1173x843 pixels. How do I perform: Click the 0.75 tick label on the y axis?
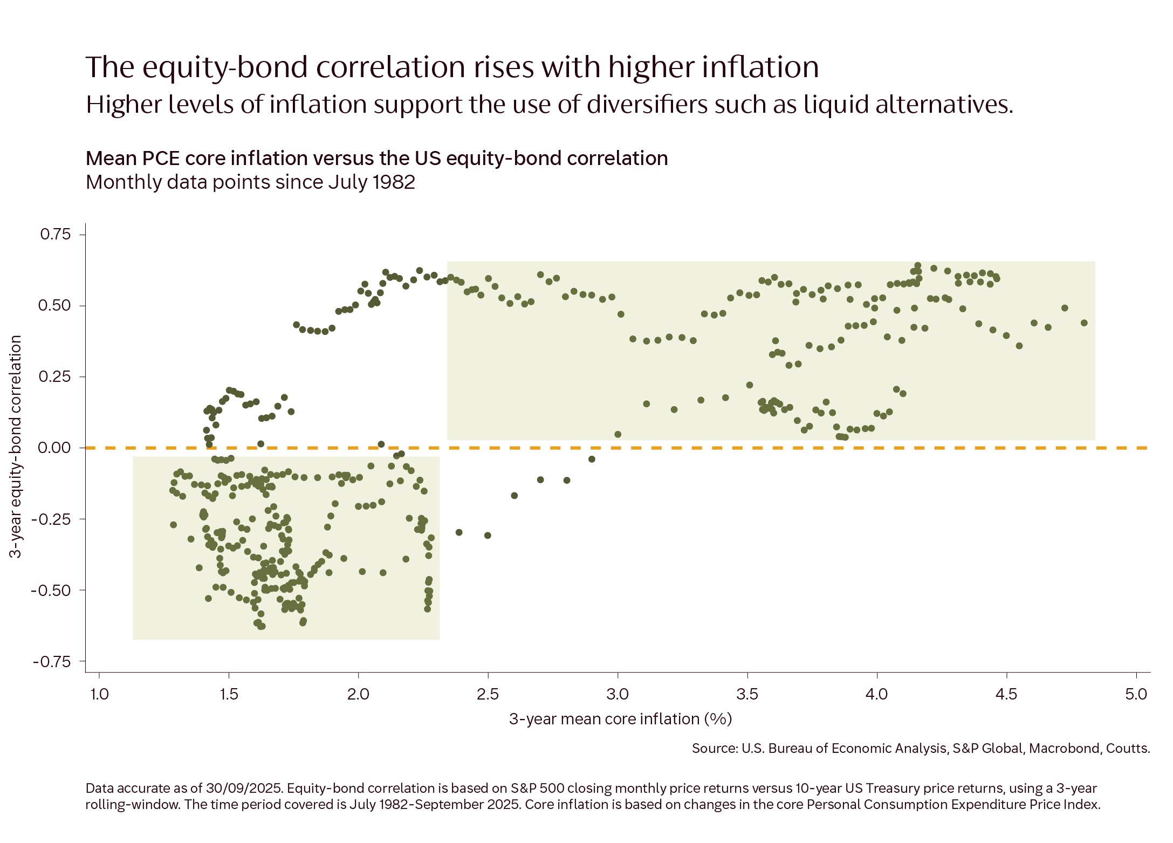[55, 234]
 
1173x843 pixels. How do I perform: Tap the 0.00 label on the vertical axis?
[54, 448]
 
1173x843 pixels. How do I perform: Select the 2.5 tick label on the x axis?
[488, 694]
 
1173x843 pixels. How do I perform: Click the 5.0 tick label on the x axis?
[1136, 694]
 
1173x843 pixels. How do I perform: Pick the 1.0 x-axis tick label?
[99, 694]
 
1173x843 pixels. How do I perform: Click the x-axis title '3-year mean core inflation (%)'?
[620, 719]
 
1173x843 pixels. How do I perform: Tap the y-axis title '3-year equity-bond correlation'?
[16, 447]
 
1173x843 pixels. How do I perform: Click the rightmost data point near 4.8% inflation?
[1084, 323]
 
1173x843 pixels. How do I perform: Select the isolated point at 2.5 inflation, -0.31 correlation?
[488, 536]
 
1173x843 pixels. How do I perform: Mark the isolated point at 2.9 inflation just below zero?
[592, 459]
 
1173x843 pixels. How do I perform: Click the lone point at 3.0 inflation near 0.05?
[618, 434]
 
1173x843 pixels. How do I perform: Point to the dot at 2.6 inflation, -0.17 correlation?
[514, 495]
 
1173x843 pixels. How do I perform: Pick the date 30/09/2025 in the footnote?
[244, 788]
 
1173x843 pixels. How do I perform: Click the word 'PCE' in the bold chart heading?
[160, 158]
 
